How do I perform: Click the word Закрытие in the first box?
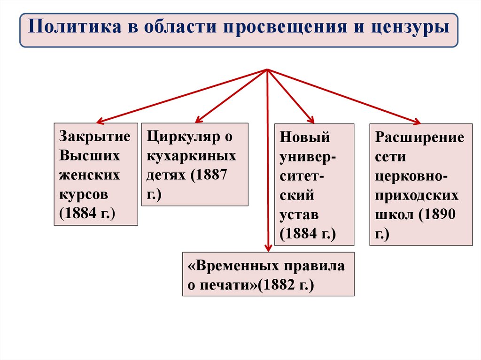click(94, 137)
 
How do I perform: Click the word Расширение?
click(420, 138)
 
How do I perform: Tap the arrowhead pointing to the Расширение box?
click(416, 122)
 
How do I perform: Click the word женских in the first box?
click(89, 175)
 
